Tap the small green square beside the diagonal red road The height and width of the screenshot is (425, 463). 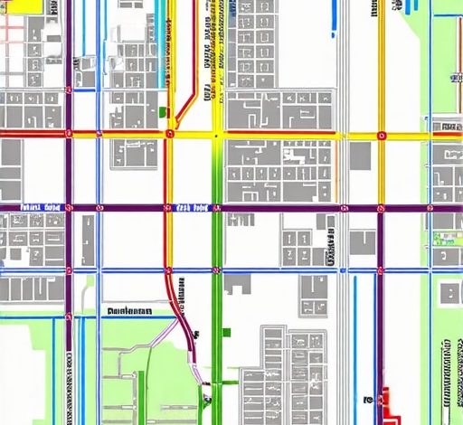click(163, 111)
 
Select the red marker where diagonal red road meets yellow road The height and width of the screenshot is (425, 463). click(170, 134)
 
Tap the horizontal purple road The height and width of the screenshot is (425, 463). click(271, 208)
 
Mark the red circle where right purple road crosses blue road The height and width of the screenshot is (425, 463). click(381, 269)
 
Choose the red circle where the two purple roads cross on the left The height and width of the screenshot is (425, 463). click(68, 208)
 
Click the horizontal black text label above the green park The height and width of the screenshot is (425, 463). click(129, 310)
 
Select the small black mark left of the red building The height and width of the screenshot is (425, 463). click(368, 398)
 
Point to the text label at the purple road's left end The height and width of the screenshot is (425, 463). click(36, 206)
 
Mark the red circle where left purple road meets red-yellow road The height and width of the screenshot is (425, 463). click(68, 134)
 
